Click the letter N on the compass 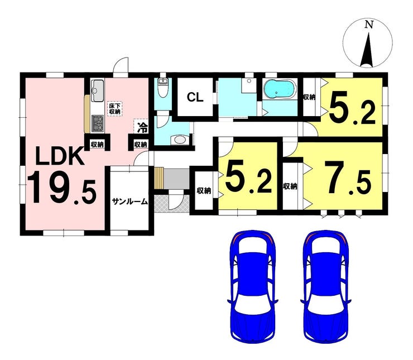[368, 25]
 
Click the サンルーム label [129, 201]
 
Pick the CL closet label [194, 98]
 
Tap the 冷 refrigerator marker [142, 127]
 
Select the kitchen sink [98, 89]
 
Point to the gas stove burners [98, 122]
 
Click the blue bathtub [281, 89]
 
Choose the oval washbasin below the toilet [179, 140]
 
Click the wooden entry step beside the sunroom [159, 179]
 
